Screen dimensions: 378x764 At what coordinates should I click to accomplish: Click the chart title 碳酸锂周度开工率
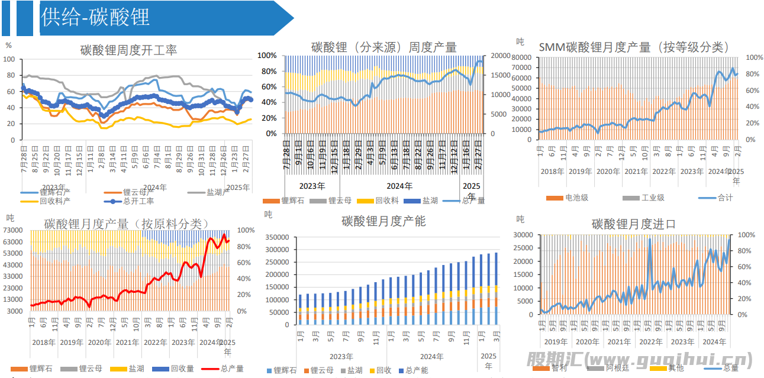pyautogui.click(x=128, y=50)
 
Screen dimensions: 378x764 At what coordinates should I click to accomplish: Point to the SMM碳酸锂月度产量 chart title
pyautogui.click(x=634, y=47)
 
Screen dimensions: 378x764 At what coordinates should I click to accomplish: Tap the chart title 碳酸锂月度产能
pyautogui.click(x=383, y=221)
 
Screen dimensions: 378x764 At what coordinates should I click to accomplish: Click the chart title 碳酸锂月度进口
pyautogui.click(x=633, y=224)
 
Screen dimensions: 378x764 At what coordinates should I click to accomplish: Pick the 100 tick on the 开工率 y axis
pyautogui.click(x=9, y=59)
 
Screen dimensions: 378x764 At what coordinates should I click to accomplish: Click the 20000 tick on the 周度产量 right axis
pyautogui.click(x=501, y=56)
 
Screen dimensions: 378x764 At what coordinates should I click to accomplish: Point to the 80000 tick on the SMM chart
pyautogui.click(x=521, y=57)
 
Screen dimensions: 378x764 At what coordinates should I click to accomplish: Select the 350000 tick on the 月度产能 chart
pyautogui.click(x=278, y=237)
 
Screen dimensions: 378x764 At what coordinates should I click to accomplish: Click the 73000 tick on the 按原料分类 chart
pyautogui.click(x=13, y=230)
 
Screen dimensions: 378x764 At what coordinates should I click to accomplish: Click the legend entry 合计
pyautogui.click(x=724, y=198)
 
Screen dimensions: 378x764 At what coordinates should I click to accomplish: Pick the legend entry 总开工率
pyautogui.click(x=137, y=201)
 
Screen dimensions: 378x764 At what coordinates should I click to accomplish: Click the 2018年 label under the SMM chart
pyautogui.click(x=552, y=172)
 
